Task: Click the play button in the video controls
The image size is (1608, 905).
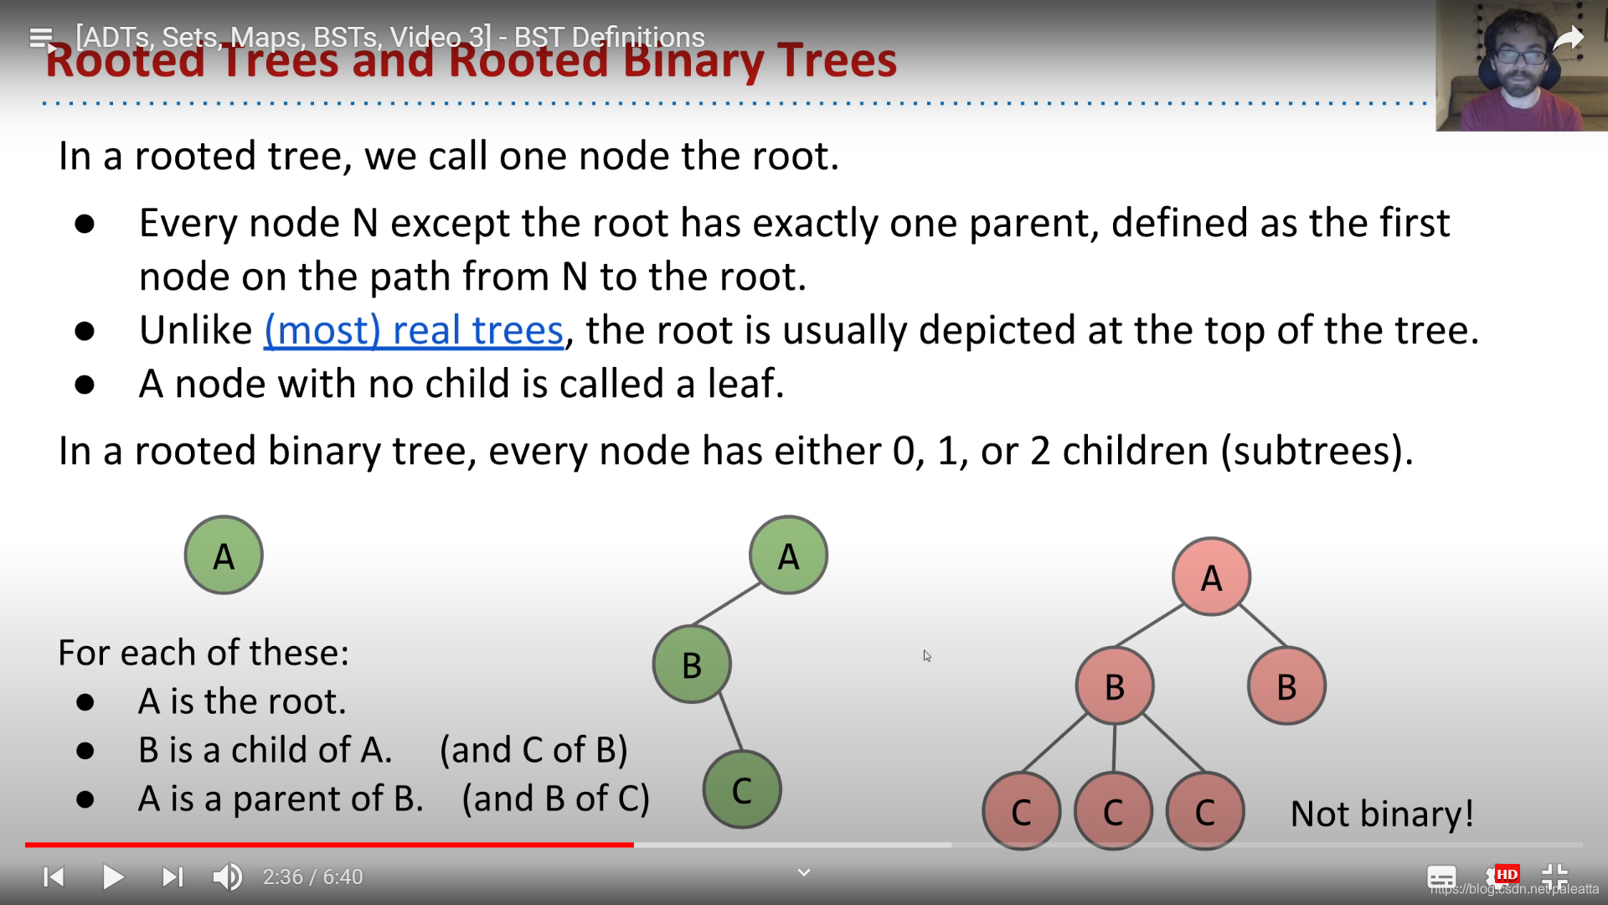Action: coord(113,877)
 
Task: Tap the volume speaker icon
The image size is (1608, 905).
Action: coord(227,877)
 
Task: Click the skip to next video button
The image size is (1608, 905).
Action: coord(172,877)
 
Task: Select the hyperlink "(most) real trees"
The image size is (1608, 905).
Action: coord(414,331)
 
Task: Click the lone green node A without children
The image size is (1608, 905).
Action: coord(224,555)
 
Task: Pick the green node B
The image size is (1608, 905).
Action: coord(692,665)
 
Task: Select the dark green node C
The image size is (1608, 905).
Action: coord(742,789)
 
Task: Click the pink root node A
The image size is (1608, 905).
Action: coord(1211,577)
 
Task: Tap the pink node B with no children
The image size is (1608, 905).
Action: coord(1286,686)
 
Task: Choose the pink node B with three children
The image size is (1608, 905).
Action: coord(1115,686)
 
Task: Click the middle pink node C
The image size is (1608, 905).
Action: coord(1113,811)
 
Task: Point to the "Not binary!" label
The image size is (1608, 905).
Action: coord(1382,814)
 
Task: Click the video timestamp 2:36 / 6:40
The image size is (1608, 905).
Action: coord(312,877)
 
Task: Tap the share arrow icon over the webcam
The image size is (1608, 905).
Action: coord(1569,39)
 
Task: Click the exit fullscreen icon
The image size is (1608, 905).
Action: coord(1554,877)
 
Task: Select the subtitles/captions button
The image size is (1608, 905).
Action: coord(1441,877)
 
